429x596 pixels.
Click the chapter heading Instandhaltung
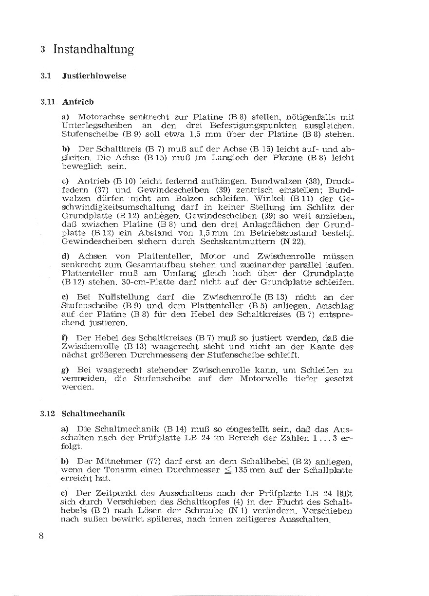tap(93, 49)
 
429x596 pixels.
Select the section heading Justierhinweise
tap(94, 76)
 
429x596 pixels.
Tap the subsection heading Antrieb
tap(78, 102)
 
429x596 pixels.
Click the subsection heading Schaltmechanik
tap(93, 414)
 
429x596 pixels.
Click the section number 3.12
tap(48, 414)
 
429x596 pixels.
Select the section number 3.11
tap(48, 102)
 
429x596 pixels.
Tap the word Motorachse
tap(100, 117)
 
